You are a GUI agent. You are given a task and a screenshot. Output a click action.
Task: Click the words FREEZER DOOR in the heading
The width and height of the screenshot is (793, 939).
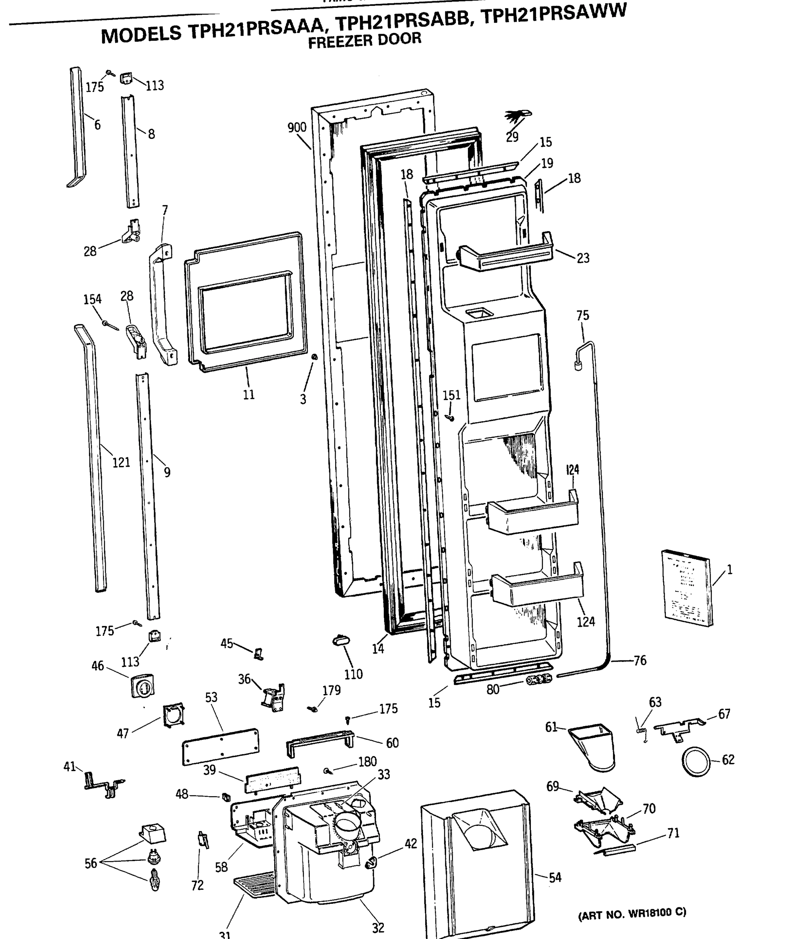(x=365, y=40)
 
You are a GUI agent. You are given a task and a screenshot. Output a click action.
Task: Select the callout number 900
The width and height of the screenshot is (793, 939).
(x=297, y=128)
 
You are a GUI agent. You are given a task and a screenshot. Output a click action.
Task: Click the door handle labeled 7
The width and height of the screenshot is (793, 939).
(x=162, y=306)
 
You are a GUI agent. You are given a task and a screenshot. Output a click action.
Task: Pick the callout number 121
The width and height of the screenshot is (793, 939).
(x=121, y=462)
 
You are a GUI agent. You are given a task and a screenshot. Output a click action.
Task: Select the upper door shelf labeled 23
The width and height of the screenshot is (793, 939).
(x=506, y=256)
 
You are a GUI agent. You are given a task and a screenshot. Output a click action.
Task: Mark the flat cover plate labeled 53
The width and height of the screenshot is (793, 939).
(x=220, y=747)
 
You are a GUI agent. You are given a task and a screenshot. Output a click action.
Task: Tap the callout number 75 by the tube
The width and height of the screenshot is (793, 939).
(x=582, y=316)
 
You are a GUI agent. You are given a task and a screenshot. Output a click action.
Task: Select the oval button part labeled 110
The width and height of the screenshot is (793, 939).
(x=341, y=640)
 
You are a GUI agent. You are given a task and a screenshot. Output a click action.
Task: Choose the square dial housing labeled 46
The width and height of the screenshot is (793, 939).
(x=142, y=685)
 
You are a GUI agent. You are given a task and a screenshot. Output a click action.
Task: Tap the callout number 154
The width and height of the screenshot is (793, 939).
(x=92, y=299)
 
